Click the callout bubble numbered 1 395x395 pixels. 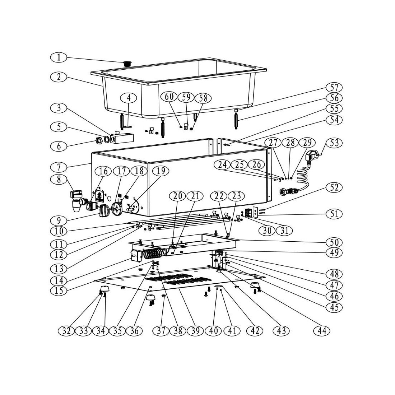point(59,57)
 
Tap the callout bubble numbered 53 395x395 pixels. point(334,143)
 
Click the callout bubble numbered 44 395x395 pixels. point(322,330)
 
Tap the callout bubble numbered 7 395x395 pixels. point(59,167)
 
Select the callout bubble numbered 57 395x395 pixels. point(334,87)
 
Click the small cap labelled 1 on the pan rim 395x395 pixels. point(127,64)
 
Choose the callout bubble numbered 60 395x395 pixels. point(169,97)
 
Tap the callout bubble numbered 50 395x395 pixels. point(334,242)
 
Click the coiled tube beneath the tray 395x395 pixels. point(152,255)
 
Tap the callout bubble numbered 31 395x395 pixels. point(284,230)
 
